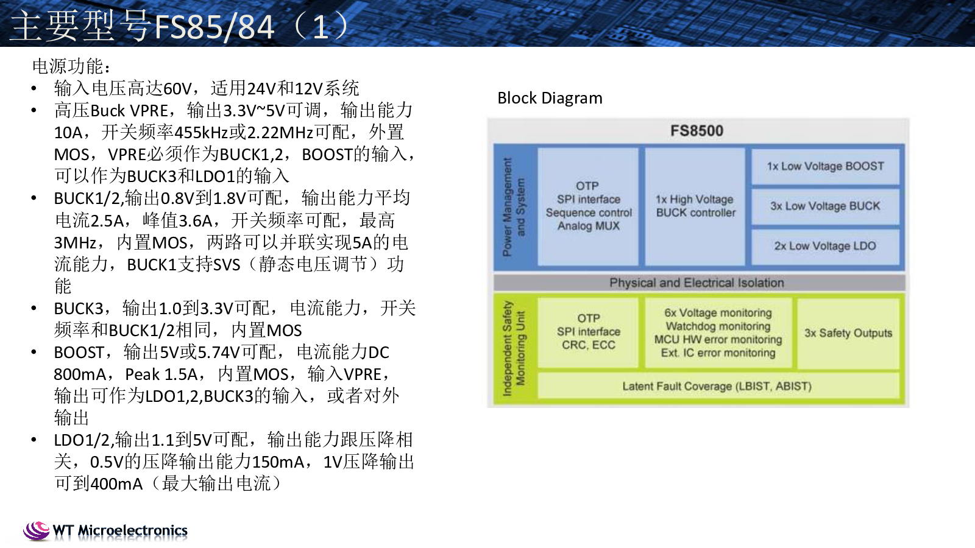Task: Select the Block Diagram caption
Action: click(550, 98)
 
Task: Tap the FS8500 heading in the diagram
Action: click(697, 131)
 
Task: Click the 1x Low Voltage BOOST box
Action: click(825, 166)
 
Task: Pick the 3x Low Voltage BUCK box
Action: click(825, 206)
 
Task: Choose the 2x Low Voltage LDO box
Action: click(825, 246)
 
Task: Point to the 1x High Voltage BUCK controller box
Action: click(695, 206)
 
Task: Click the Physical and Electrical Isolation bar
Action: click(697, 283)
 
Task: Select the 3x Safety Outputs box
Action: click(848, 333)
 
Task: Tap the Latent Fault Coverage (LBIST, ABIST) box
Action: click(717, 386)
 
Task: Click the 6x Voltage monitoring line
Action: click(718, 313)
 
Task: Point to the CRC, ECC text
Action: click(589, 345)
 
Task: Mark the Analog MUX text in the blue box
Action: click(589, 226)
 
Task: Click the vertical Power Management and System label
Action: click(514, 207)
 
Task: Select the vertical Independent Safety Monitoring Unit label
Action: click(514, 348)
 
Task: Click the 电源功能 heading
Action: click(71, 66)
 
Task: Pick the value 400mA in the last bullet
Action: click(116, 484)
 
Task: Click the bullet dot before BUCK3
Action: click(34, 309)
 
